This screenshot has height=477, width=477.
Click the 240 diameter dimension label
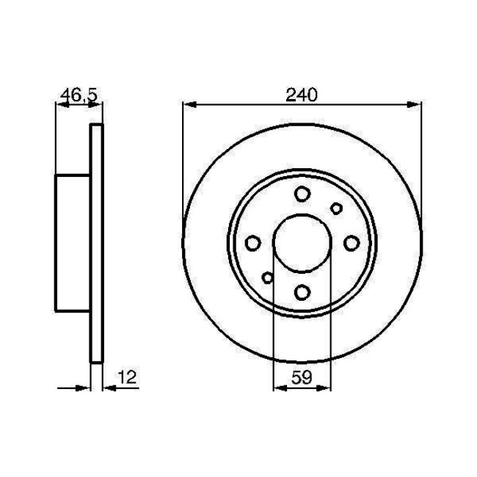click(x=301, y=94)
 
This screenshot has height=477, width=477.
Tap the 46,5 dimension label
click(x=78, y=94)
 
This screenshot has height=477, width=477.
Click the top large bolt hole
click(x=302, y=194)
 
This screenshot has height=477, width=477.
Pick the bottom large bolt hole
click(x=302, y=293)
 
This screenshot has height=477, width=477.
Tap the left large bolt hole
click(x=253, y=244)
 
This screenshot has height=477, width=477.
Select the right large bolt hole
click(x=351, y=244)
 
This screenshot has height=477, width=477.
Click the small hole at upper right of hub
click(x=336, y=208)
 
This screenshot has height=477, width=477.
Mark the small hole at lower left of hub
click(x=268, y=277)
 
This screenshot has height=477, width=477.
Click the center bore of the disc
click(x=302, y=244)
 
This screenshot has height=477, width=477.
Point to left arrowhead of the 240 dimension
click(x=188, y=105)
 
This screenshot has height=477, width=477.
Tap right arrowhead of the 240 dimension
click(x=416, y=105)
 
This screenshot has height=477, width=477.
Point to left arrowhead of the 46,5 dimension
click(x=61, y=105)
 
